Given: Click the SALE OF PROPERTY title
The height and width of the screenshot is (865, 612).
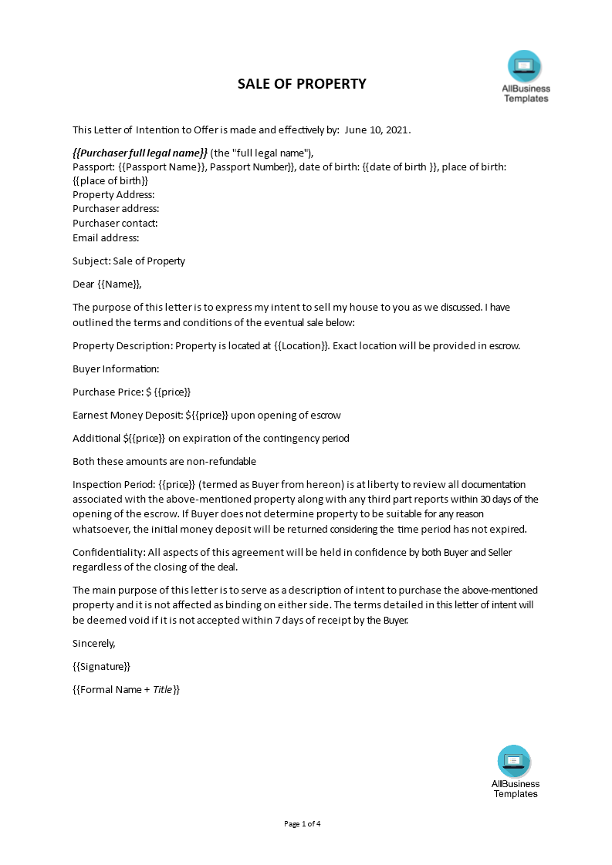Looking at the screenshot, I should click(x=302, y=84).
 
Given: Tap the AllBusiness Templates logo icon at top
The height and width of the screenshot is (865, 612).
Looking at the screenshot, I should click(x=525, y=66).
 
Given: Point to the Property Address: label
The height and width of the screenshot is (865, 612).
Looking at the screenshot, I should click(x=113, y=195).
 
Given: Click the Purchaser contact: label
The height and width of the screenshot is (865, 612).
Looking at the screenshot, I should click(x=115, y=224).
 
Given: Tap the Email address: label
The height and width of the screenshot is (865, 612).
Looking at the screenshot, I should click(x=106, y=237).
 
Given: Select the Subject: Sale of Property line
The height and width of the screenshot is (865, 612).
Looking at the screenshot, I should click(x=129, y=261).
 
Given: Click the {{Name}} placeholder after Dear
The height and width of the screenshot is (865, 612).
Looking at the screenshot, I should click(x=120, y=284).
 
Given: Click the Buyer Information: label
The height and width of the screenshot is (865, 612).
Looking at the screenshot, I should click(x=116, y=369).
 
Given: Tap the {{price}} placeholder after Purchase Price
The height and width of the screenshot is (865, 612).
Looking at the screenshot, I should click(x=172, y=392).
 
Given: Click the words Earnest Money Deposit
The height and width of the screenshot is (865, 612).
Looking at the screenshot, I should click(x=127, y=415).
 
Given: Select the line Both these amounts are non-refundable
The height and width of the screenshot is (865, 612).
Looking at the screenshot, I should click(x=164, y=461).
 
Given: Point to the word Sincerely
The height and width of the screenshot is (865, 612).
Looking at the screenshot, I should click(x=93, y=643).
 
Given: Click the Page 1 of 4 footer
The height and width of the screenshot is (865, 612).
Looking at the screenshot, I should click(x=303, y=823).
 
